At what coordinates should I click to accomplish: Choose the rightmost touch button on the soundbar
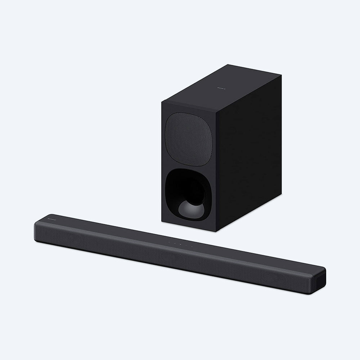point(192,247)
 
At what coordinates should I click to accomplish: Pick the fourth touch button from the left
point(186,246)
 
